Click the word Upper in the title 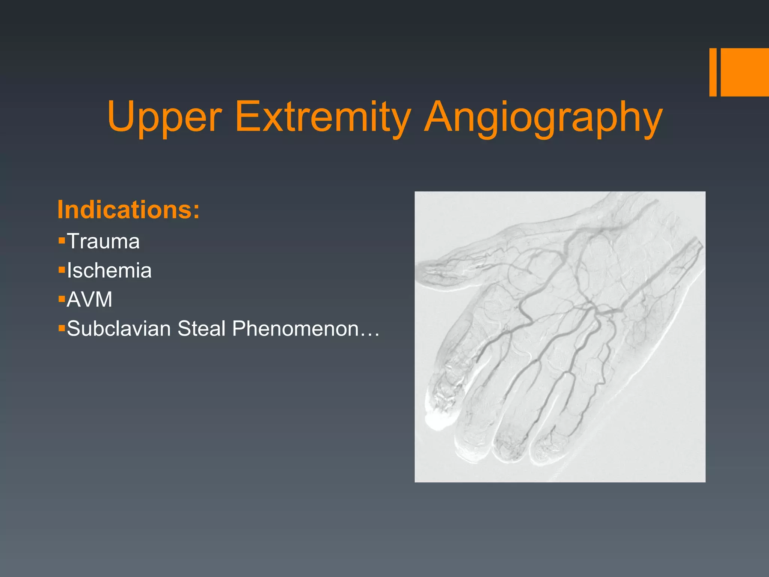point(164,117)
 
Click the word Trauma point(103,241)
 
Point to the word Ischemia point(109,270)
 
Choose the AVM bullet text point(89,300)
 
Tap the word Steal point(201,329)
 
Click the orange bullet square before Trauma point(62,240)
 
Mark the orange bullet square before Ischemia point(62,269)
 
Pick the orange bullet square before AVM point(62,299)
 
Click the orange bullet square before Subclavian point(62,328)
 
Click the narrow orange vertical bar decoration point(713,72)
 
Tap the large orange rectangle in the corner point(745,72)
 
